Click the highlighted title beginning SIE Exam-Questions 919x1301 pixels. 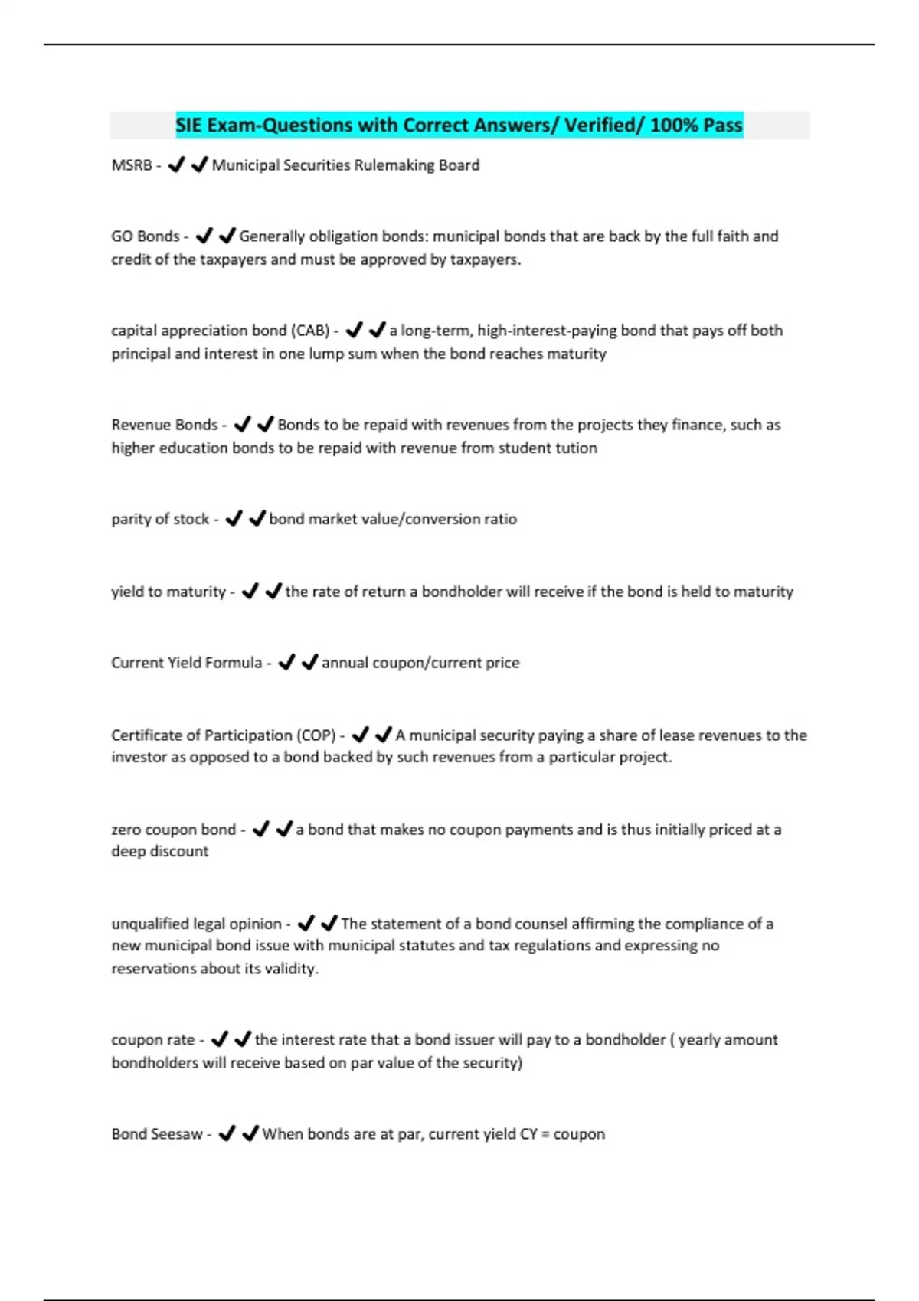tap(459, 125)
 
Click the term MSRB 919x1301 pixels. tap(132, 165)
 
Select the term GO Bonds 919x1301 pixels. tap(146, 236)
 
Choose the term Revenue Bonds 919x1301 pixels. tap(165, 425)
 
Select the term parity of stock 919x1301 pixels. tap(160, 519)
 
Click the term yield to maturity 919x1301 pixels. tap(168, 592)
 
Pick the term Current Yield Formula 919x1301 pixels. tap(186, 663)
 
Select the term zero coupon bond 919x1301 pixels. tap(174, 830)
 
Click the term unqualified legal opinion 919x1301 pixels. tap(197, 924)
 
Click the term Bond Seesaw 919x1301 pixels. tap(157, 1134)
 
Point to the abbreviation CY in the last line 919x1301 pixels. tap(528, 1134)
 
